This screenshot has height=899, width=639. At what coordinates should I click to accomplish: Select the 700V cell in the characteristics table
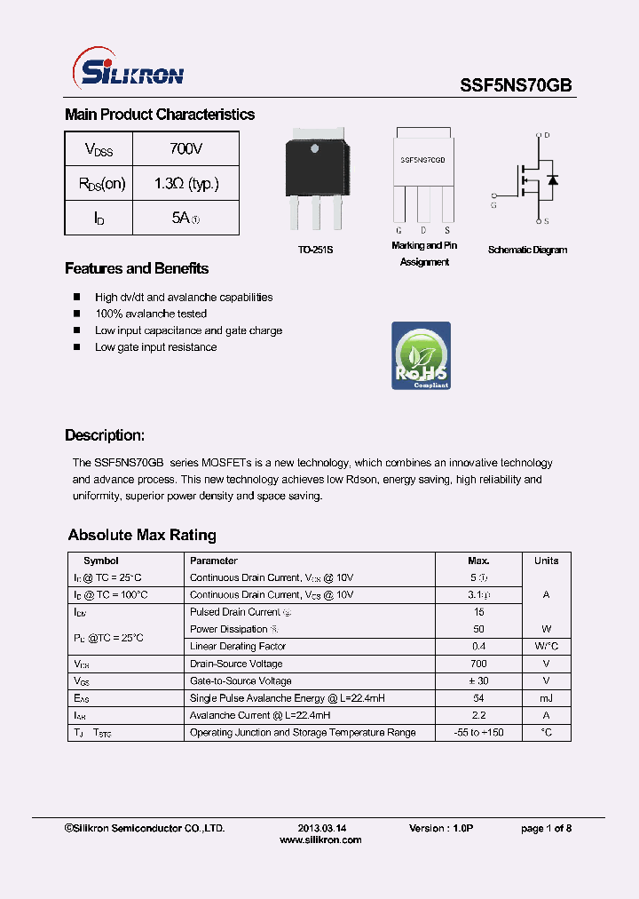click(185, 148)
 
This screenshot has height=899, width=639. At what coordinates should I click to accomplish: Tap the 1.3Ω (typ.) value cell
click(185, 184)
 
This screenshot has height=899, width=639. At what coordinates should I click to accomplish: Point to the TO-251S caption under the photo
click(315, 251)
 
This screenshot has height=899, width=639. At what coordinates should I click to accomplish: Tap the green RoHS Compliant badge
click(421, 355)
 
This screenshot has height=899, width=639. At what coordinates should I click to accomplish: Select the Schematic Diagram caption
click(527, 251)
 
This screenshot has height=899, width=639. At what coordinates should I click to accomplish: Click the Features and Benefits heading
click(137, 268)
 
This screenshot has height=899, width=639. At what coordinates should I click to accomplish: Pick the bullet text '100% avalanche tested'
click(151, 314)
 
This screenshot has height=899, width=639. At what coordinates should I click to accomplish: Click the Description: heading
click(105, 435)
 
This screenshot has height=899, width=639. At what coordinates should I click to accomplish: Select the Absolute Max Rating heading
click(142, 535)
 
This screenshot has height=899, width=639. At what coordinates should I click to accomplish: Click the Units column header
click(546, 561)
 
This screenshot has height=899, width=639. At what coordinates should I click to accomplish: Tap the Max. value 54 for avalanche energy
click(478, 698)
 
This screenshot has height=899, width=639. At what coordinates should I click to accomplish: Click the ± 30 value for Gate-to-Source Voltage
click(478, 680)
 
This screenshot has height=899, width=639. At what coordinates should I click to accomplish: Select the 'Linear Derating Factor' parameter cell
click(238, 646)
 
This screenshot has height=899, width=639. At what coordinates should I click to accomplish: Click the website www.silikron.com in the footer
click(320, 839)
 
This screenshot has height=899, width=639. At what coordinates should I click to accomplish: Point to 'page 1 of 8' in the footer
click(546, 828)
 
